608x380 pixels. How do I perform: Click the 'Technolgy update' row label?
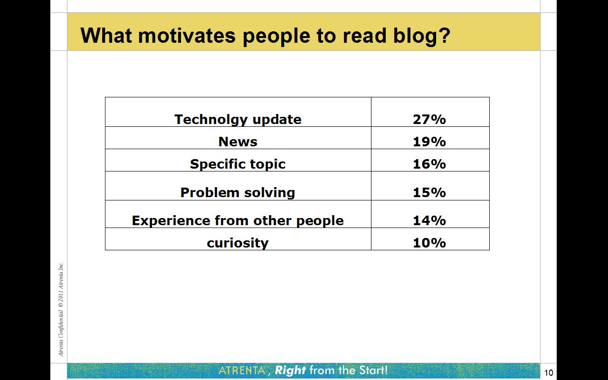point(238,120)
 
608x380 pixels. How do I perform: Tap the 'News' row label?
point(238,142)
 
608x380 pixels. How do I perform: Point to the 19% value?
point(429,142)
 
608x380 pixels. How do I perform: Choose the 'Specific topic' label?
point(238,164)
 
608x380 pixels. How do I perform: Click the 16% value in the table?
point(429,164)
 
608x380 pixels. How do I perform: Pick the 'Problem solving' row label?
point(238,193)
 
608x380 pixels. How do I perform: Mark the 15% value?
point(429,192)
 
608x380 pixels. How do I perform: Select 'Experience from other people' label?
point(238,221)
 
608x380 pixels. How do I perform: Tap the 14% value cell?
point(429,220)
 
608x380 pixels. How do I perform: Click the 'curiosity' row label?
point(238,243)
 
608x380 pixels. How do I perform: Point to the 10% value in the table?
point(429,243)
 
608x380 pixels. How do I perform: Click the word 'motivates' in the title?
point(187,36)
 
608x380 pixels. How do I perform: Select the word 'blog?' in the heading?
point(421,36)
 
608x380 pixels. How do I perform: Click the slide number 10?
point(549,372)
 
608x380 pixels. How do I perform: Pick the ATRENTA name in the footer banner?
point(242,370)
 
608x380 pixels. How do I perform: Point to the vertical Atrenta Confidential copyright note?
point(61,309)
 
